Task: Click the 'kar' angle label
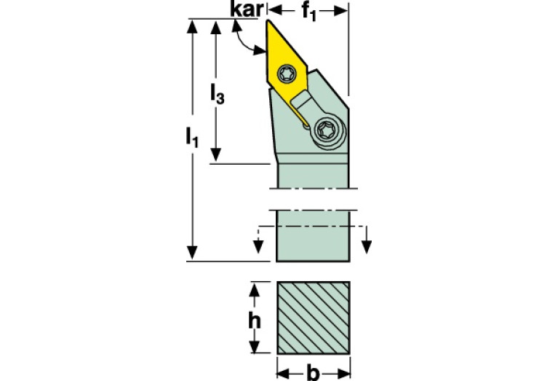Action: [x=247, y=9]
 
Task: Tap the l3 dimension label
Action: [x=217, y=93]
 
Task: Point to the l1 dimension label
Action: [x=192, y=137]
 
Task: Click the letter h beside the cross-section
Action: [x=254, y=321]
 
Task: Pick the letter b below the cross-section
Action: [x=313, y=373]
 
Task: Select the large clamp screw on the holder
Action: [x=326, y=130]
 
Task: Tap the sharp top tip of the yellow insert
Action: [x=268, y=20]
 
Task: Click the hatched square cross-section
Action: [x=314, y=318]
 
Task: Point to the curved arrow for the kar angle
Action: [x=245, y=40]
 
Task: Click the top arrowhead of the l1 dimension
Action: [x=192, y=27]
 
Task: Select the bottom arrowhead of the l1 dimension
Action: [x=192, y=252]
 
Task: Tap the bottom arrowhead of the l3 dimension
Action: [x=215, y=155]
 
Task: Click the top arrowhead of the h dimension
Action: [x=254, y=289]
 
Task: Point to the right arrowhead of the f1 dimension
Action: [x=340, y=11]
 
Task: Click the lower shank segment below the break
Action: [x=313, y=236]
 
